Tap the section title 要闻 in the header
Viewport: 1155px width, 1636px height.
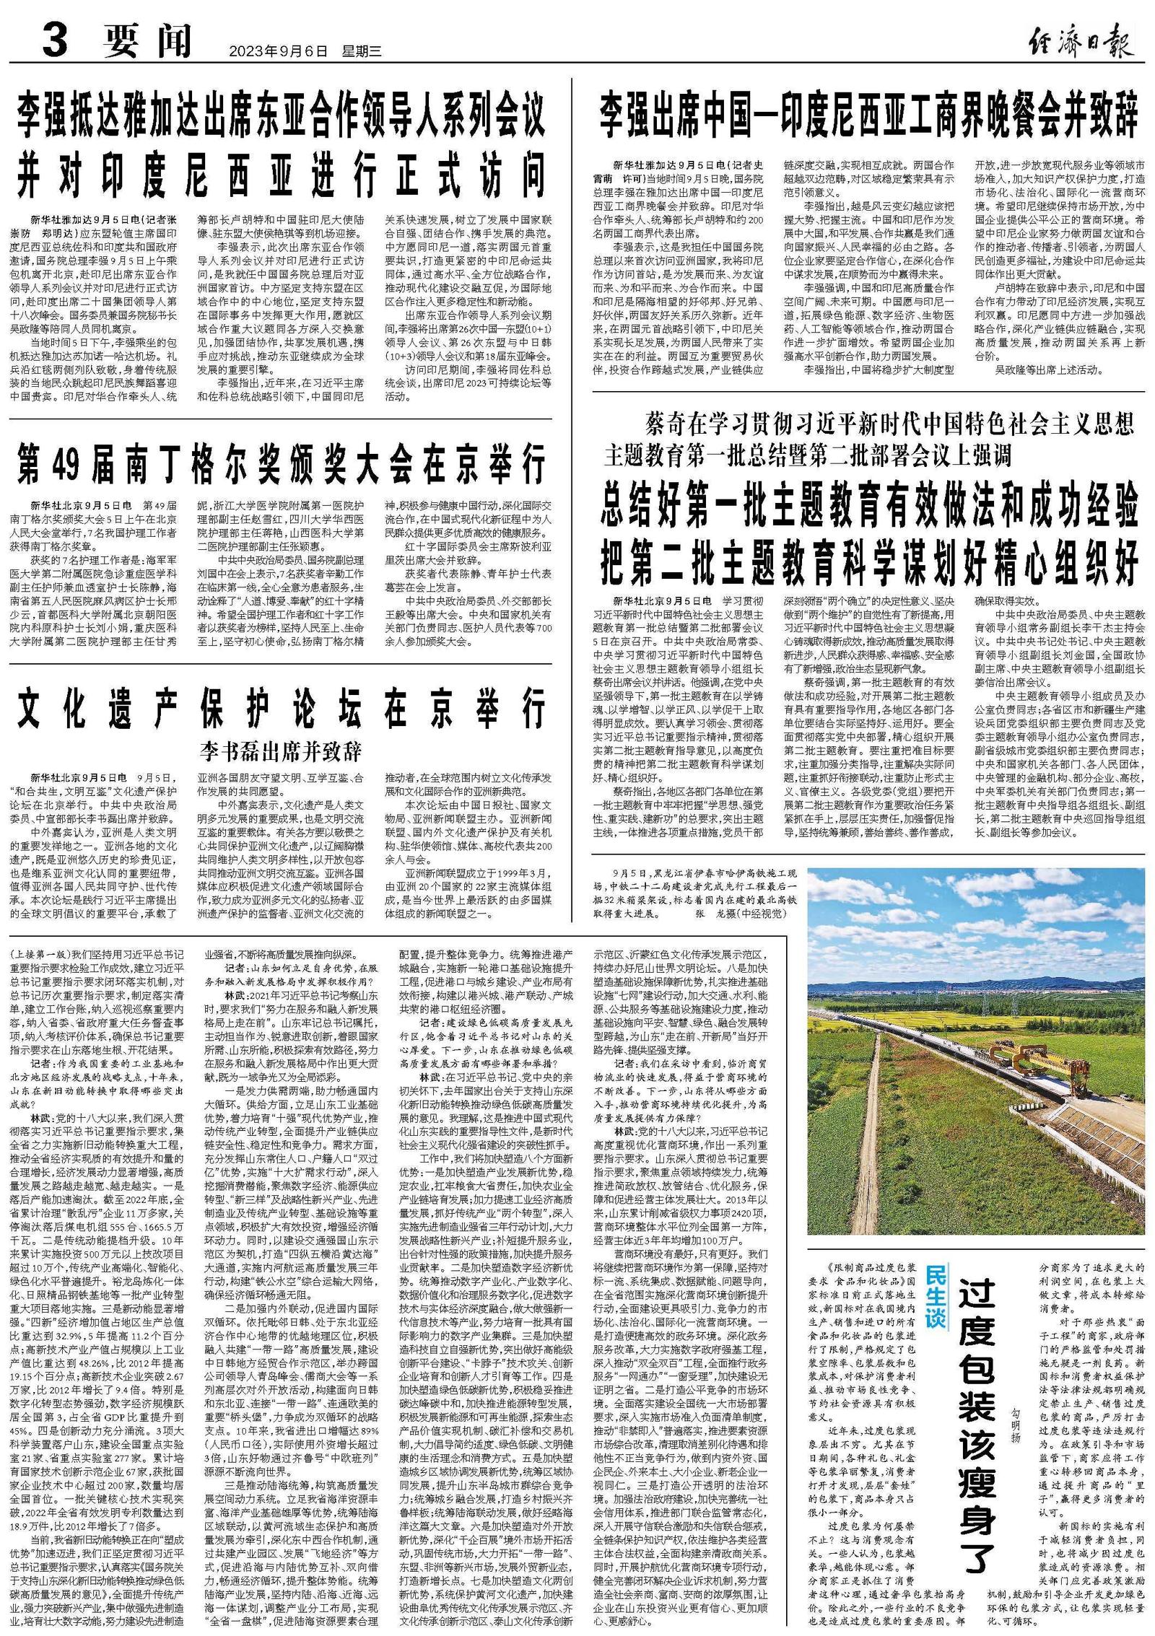pyautogui.click(x=147, y=41)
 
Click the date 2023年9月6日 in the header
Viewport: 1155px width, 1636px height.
pyautogui.click(x=278, y=51)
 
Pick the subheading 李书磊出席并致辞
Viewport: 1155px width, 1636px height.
pyautogui.click(x=281, y=750)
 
